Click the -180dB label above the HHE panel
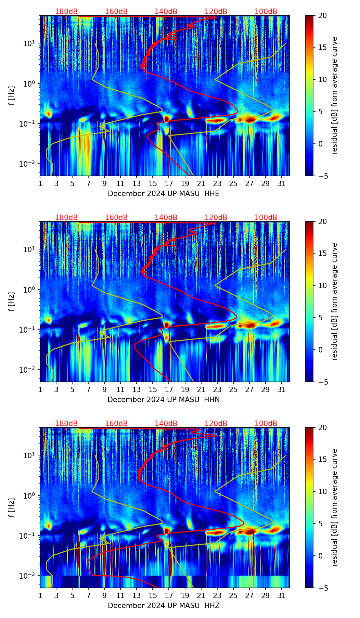click(65, 12)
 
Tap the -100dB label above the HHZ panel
click(265, 424)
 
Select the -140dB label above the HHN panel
click(165, 218)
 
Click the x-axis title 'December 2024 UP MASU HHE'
click(164, 194)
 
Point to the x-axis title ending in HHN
click(164, 400)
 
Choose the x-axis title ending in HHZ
click(164, 606)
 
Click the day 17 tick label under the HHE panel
click(169, 183)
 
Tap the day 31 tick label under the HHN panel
click(282, 389)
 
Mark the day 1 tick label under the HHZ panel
click(40, 595)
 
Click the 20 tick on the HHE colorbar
click(323, 15)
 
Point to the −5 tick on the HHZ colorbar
click(323, 588)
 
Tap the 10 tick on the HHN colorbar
click(323, 285)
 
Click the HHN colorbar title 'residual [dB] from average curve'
click(334, 301)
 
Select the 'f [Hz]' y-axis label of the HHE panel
click(12, 96)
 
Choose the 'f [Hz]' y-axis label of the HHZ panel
click(12, 508)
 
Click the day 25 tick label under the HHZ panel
click(233, 595)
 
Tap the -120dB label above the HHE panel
click(215, 12)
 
